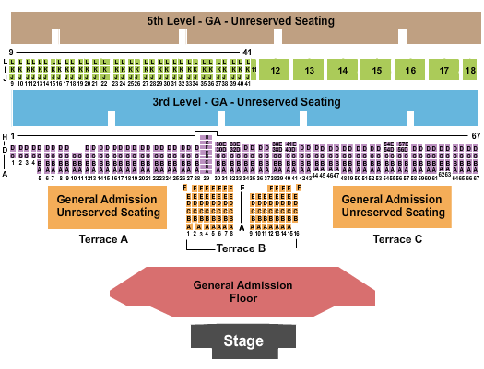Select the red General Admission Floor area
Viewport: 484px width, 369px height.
pos(242,292)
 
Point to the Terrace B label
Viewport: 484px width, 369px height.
pos(241,248)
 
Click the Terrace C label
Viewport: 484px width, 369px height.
pos(396,239)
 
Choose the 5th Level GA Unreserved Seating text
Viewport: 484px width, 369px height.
pos(241,20)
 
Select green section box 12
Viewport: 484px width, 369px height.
pos(275,70)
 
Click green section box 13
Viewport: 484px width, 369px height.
pos(309,70)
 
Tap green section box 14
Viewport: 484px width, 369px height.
pos(343,70)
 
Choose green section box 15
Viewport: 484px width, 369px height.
pos(377,70)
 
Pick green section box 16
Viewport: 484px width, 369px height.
pos(411,70)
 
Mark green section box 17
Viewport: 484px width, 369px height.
pos(444,70)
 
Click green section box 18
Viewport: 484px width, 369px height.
pos(470,70)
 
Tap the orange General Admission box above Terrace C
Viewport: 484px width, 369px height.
pos(394,206)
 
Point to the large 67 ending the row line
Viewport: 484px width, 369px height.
pos(476,135)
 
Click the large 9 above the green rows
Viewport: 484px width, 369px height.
pos(11,52)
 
